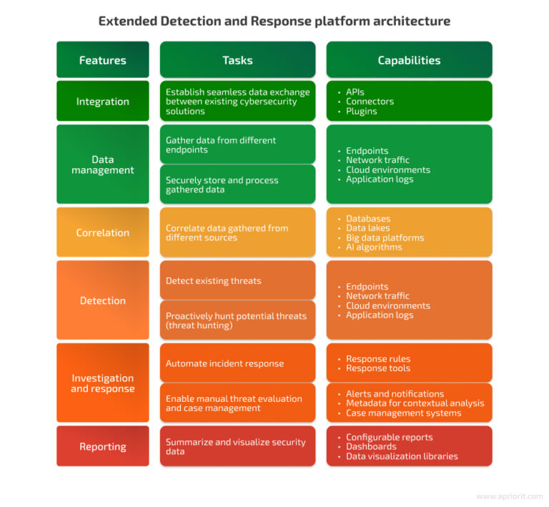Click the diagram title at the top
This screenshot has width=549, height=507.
tap(274, 21)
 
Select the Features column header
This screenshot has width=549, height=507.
tap(103, 60)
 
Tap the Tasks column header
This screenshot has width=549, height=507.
tap(237, 60)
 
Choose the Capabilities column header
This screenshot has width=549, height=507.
tap(409, 60)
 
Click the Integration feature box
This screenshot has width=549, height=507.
tap(103, 102)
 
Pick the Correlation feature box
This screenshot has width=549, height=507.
tap(103, 232)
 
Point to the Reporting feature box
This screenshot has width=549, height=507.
tap(103, 447)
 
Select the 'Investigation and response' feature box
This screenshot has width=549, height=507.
tap(103, 383)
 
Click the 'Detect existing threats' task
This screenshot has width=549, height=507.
tap(237, 281)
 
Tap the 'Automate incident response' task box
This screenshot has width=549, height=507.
tap(237, 363)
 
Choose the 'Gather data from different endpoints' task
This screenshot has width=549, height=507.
tap(237, 145)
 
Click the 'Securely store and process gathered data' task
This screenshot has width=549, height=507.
tap(237, 184)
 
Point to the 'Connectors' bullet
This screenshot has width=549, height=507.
tap(370, 102)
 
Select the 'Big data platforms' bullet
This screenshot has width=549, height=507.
tap(385, 237)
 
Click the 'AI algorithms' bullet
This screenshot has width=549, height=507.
tap(374, 247)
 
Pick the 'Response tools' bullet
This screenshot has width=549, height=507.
tap(378, 368)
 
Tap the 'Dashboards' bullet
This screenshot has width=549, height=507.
tap(371, 446)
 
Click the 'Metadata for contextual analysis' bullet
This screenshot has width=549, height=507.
tap(415, 403)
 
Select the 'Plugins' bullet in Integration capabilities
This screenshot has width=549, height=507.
tap(361, 111)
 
